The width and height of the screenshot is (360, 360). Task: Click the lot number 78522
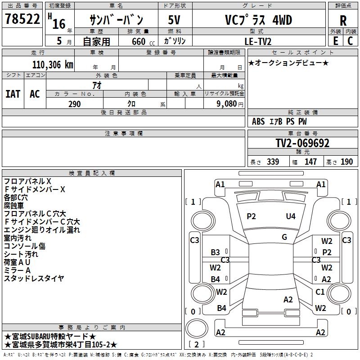(22, 20)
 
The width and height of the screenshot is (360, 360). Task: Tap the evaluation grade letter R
(343, 21)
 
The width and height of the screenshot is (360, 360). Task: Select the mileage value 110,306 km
(53, 65)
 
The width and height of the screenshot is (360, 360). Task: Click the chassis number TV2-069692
(302, 143)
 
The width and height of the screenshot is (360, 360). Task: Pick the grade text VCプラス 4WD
(258, 20)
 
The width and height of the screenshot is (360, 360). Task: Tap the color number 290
(74, 104)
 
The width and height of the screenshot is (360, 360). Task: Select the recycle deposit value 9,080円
(230, 104)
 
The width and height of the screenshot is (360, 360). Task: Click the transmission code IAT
(13, 94)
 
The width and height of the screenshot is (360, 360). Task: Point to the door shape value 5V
(175, 20)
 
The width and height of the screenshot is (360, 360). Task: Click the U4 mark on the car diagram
(291, 216)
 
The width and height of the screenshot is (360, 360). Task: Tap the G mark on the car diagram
(284, 237)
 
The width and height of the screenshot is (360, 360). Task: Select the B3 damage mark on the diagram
(216, 252)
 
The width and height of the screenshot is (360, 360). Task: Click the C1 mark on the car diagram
(320, 292)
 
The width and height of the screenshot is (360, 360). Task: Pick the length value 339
(273, 162)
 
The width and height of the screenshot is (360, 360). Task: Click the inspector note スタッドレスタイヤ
(34, 279)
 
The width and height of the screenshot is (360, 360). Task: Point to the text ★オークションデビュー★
(288, 63)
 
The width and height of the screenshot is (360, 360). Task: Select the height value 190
(346, 162)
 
